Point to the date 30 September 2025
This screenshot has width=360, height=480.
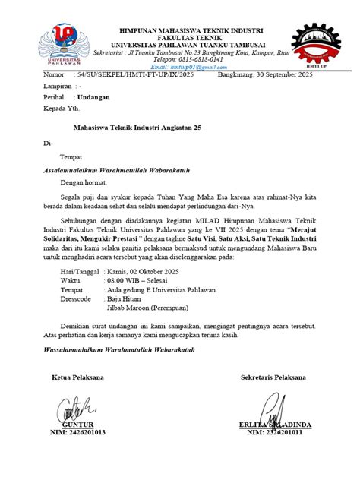click(265, 76)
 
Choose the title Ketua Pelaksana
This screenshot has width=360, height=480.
click(77, 377)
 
